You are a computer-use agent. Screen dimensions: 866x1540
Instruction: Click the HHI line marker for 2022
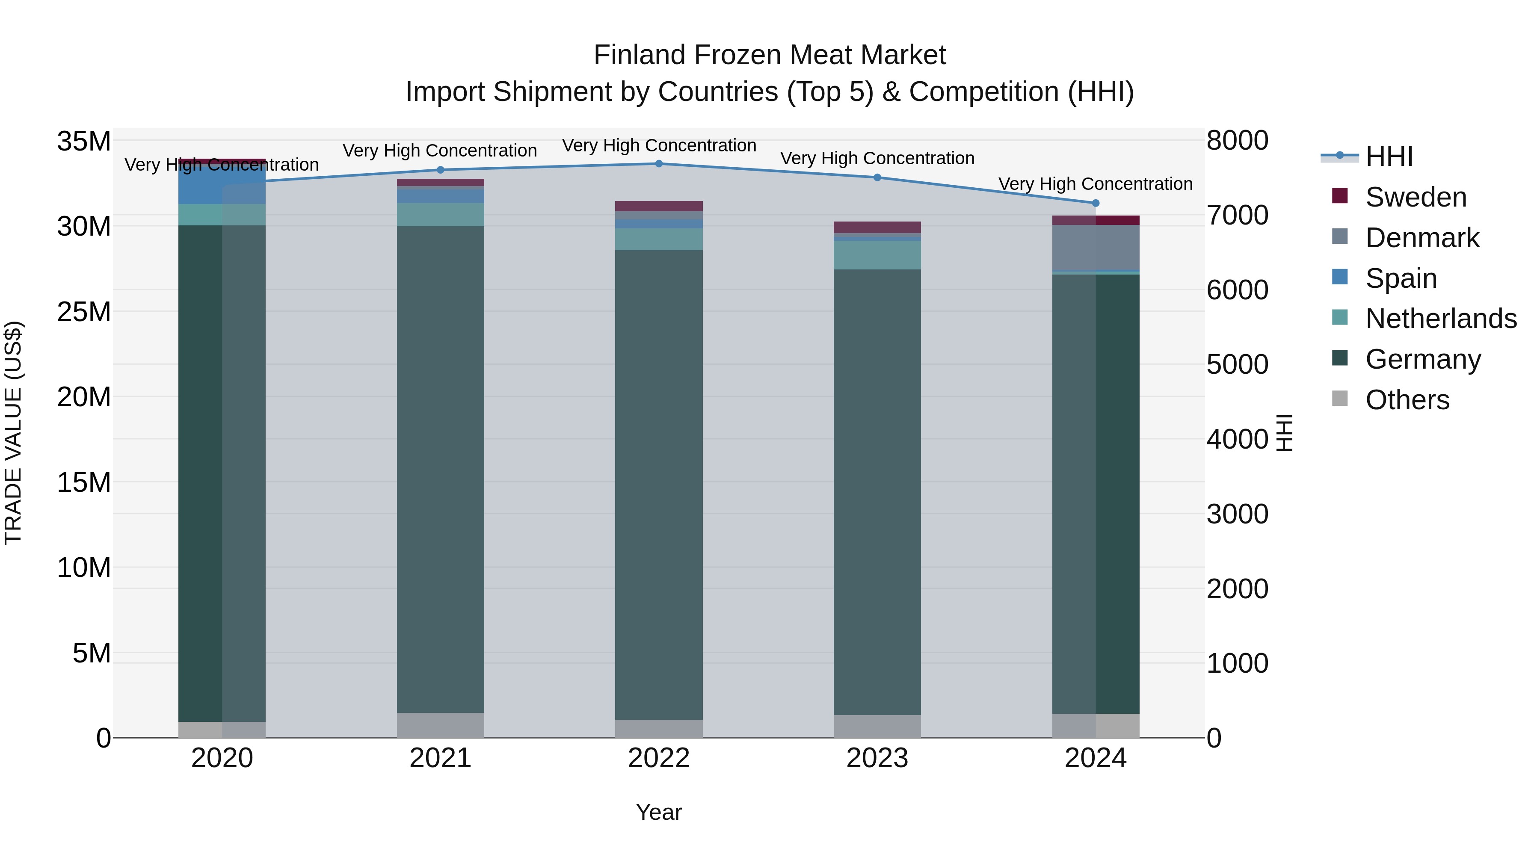point(659,164)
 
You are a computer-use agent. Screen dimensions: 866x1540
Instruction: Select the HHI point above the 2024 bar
point(1096,203)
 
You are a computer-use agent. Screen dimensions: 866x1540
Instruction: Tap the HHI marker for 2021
point(441,170)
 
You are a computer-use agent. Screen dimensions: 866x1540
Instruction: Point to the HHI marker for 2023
point(877,177)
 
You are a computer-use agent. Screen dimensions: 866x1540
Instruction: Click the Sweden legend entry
point(1416,197)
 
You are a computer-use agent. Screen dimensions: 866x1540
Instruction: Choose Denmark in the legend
point(1422,238)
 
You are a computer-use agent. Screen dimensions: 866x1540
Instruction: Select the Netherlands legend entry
point(1441,319)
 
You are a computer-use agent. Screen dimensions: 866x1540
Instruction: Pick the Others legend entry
point(1407,400)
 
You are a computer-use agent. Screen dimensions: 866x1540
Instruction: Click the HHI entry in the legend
point(1389,157)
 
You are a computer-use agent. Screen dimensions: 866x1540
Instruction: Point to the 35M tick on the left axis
point(84,142)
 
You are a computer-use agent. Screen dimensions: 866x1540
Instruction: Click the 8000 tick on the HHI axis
point(1237,141)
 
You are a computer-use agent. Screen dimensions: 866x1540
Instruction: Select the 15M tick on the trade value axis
point(84,482)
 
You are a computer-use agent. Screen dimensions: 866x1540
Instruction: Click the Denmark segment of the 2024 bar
point(1096,248)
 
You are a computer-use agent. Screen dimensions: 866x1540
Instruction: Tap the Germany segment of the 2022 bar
point(659,484)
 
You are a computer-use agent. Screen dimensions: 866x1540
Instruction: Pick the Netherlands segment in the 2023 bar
point(877,255)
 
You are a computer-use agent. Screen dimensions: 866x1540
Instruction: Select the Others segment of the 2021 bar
point(441,725)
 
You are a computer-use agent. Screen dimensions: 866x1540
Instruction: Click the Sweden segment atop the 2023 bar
point(877,227)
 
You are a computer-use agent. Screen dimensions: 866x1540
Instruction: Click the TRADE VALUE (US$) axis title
point(13,433)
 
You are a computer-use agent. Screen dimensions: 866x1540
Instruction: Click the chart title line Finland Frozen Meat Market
point(770,55)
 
